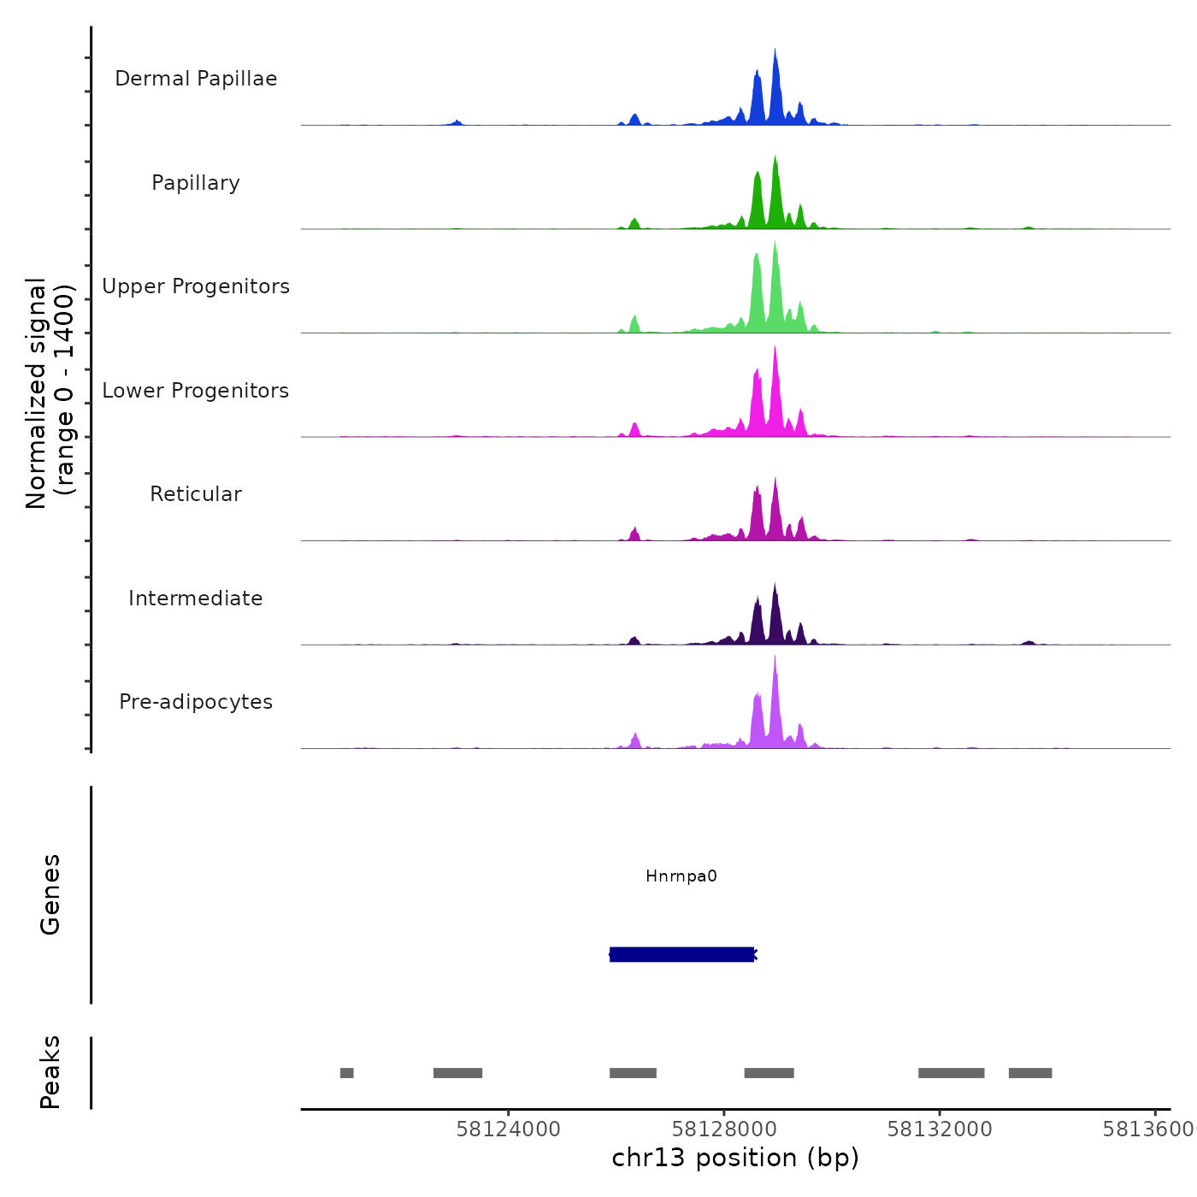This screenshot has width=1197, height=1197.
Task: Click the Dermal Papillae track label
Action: coord(196,79)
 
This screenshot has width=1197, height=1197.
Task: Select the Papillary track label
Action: coord(196,183)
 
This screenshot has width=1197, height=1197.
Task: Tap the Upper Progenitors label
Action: coord(196,286)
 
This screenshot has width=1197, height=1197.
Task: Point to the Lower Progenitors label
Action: coord(196,391)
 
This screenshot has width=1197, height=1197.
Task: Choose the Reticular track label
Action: coord(196,494)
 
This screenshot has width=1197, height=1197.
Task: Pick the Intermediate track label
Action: coord(196,598)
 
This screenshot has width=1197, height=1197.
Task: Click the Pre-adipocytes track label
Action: coord(196,702)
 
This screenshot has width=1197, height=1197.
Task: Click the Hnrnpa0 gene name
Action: coord(681,876)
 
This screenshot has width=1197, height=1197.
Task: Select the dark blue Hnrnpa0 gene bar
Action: coord(681,954)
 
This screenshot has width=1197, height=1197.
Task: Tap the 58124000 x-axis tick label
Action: coord(509,1129)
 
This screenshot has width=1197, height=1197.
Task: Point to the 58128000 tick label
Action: coord(724,1129)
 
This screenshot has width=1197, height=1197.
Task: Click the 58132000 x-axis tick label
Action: coord(940,1129)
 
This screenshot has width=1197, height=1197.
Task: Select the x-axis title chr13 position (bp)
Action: coord(735,1158)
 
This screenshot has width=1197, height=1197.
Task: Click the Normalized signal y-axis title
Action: coord(50,393)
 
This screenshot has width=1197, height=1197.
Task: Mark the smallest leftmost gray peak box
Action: coord(346,1073)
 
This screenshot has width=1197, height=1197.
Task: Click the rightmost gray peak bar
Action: coord(1030,1073)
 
